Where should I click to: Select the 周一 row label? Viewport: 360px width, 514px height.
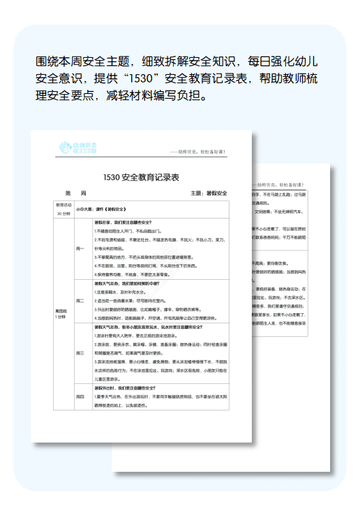[80, 248]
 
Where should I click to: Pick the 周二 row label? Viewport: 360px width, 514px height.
[80, 300]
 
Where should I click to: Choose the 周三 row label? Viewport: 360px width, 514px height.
[80, 353]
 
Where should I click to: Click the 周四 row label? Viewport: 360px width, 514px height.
[80, 396]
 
